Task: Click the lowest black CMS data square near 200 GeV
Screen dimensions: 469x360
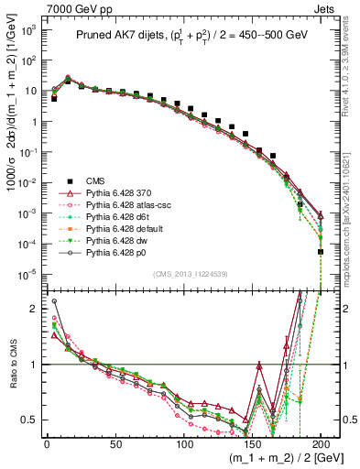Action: (321, 251)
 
